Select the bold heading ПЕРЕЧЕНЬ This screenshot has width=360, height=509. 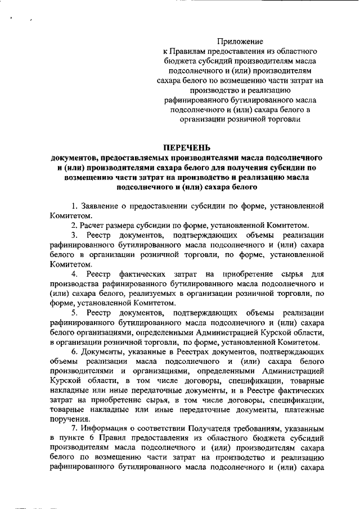coord(186,147)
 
